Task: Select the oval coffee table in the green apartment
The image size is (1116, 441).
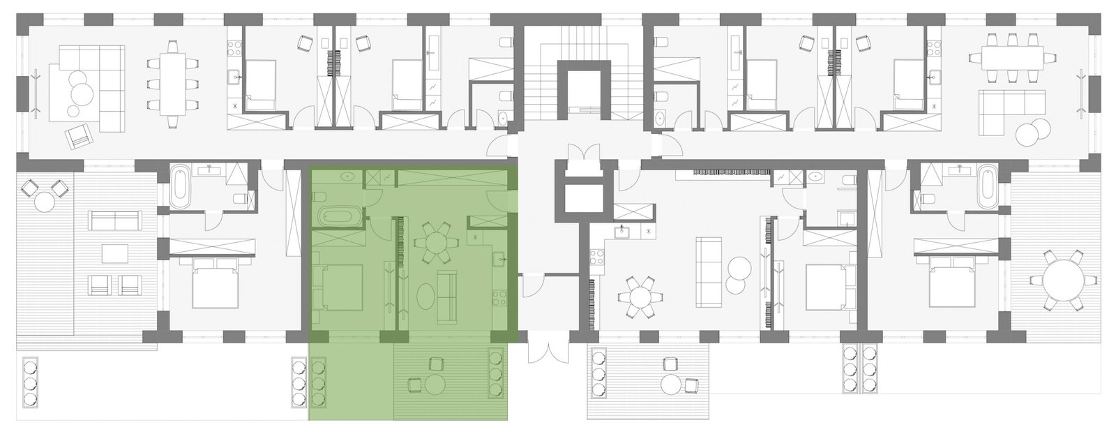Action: click(x=424, y=296)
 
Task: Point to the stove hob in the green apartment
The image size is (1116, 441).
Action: click(x=499, y=300)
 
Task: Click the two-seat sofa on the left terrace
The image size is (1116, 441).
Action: click(x=113, y=223)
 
